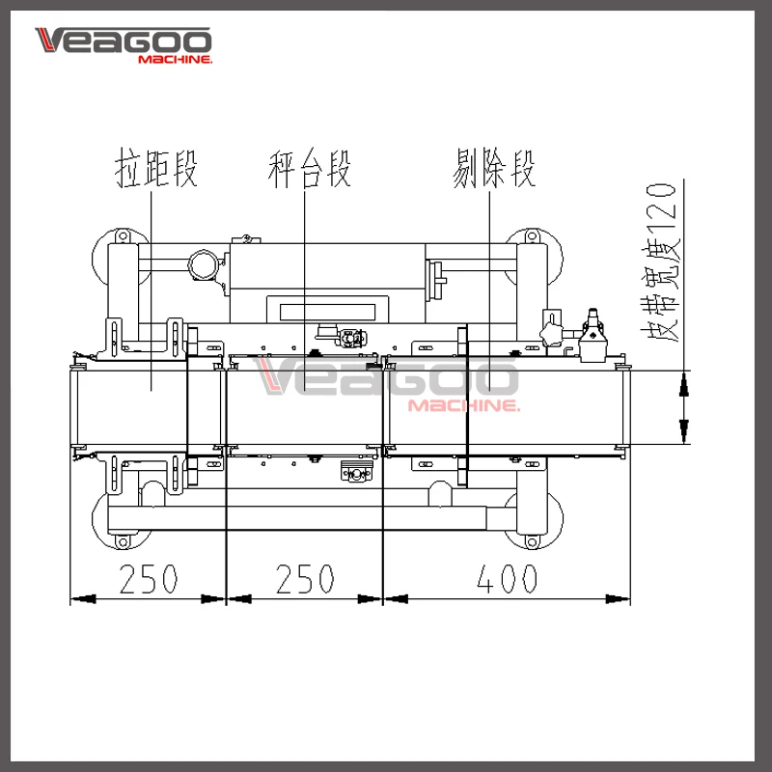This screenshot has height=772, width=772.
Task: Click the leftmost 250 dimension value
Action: click(x=149, y=579)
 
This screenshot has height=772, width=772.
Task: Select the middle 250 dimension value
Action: click(x=305, y=579)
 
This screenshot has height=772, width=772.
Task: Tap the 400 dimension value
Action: click(x=507, y=579)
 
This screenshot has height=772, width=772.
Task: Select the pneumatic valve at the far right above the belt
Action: click(x=593, y=338)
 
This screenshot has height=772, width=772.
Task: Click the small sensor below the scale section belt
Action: click(x=355, y=473)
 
